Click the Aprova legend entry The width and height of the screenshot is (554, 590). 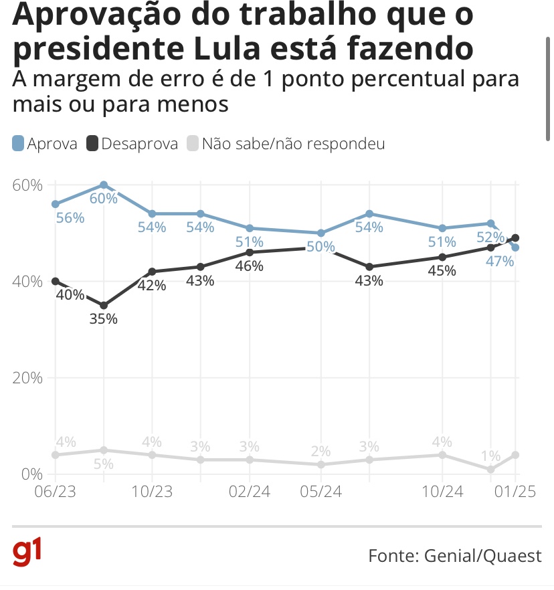click(x=45, y=144)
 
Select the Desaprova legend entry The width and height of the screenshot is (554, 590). click(x=132, y=144)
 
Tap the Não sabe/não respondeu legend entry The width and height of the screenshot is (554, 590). click(x=286, y=144)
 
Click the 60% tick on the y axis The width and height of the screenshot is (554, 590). click(x=27, y=185)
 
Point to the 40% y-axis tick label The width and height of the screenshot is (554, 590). click(x=27, y=281)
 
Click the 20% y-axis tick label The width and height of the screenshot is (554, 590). click(x=27, y=377)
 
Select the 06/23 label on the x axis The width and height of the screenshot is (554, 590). click(x=55, y=491)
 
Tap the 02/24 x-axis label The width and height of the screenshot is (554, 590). click(x=250, y=491)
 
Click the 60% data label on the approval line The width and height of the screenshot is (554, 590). click(x=104, y=199)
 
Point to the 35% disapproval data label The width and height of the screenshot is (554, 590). click(x=104, y=319)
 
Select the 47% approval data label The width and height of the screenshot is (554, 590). click(x=500, y=261)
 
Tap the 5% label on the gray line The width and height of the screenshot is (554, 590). click(x=104, y=464)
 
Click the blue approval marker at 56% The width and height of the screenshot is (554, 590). click(x=56, y=204)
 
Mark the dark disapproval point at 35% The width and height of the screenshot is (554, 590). click(x=104, y=305)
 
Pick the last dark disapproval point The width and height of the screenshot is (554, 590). click(x=515, y=237)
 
